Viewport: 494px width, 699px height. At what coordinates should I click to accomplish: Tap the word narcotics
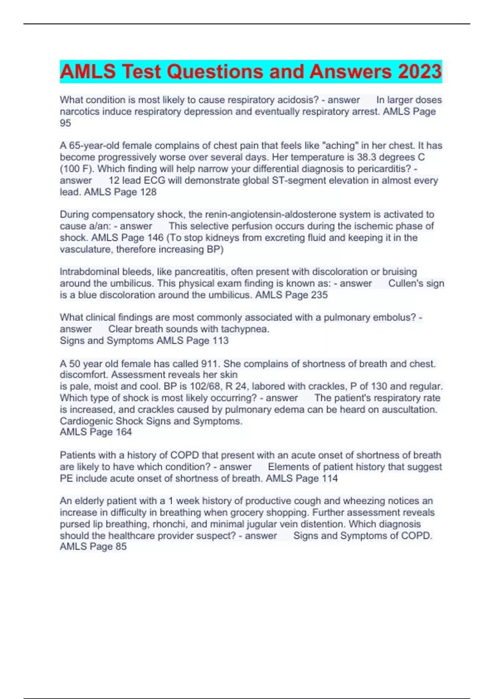pos(79,111)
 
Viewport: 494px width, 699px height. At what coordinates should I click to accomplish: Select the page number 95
pos(65,123)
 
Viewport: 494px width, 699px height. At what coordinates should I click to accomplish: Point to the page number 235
pos(319,295)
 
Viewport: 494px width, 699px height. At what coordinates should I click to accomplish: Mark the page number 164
pos(123,432)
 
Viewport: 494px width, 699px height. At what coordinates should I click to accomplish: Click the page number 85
pos(121,546)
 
